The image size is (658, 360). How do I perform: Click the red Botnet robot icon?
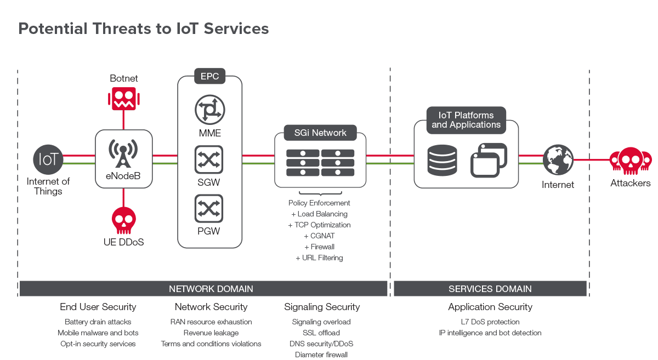[124, 99]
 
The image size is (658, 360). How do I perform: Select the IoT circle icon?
[48, 159]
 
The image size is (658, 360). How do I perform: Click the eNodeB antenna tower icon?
[123, 154]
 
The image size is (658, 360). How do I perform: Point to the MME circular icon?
[209, 110]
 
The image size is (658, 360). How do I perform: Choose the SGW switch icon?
[209, 160]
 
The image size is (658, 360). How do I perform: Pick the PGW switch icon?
[209, 209]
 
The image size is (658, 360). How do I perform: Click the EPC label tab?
[209, 76]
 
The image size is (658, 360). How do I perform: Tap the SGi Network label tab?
[321, 133]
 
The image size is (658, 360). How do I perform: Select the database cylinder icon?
[442, 160]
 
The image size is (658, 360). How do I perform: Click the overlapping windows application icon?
[489, 160]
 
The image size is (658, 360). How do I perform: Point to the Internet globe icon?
[558, 160]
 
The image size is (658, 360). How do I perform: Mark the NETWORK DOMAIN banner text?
[211, 289]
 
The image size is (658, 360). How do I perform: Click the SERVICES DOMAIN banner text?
[490, 289]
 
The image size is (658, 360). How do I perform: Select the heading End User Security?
[98, 307]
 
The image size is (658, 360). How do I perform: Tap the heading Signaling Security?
[322, 307]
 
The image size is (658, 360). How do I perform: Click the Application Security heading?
[490, 307]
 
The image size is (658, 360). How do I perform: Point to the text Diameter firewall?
[321, 355]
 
